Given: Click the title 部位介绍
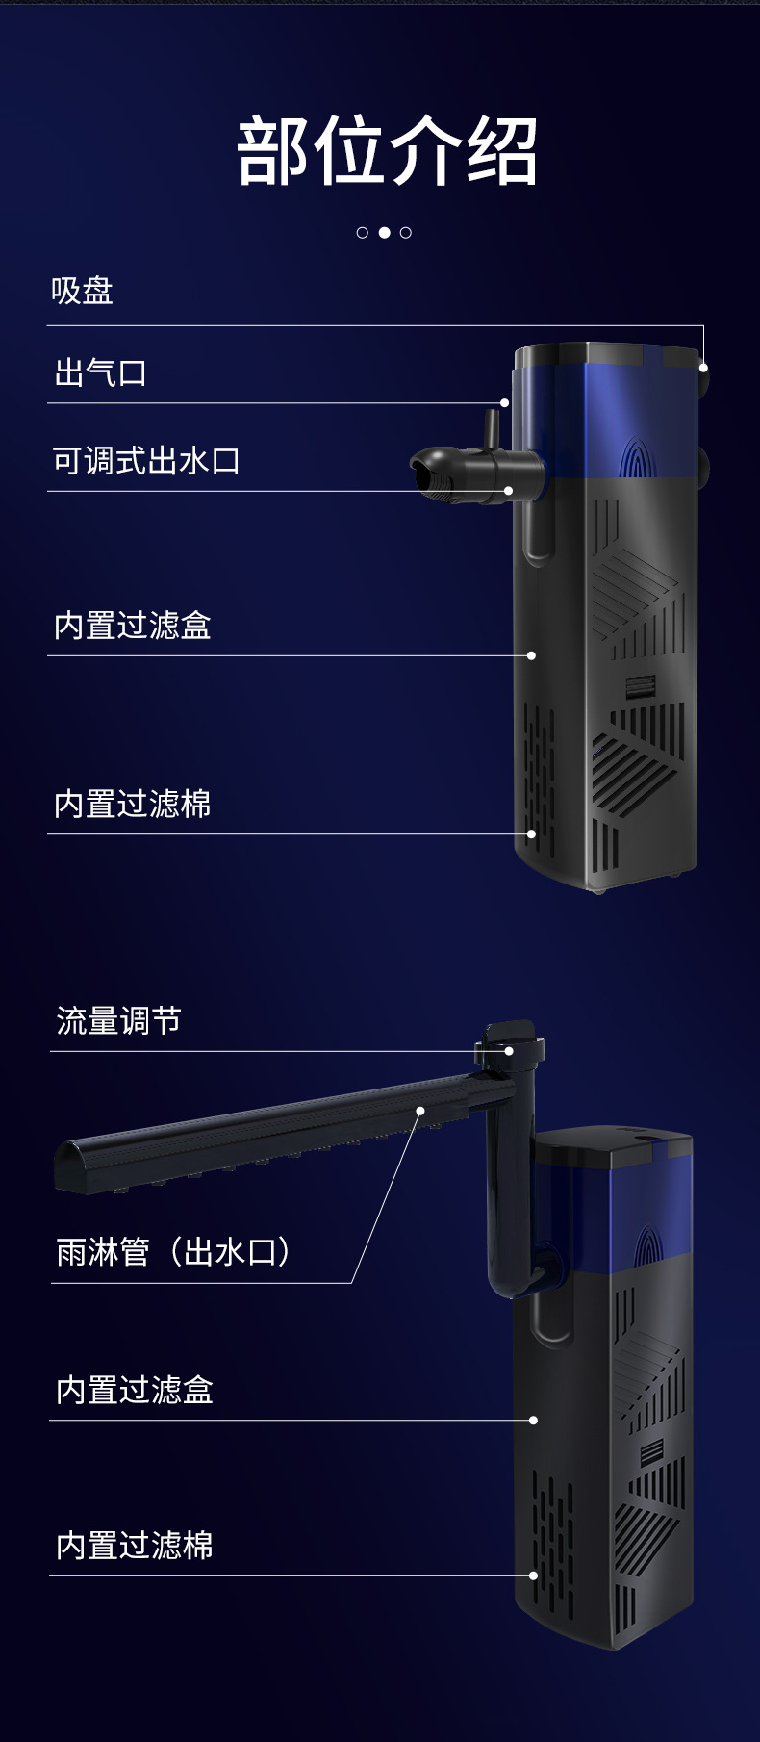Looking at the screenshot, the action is point(386,151).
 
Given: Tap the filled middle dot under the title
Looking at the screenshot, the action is point(384,232).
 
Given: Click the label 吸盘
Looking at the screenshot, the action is point(83,291).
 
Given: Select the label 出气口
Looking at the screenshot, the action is point(100,372).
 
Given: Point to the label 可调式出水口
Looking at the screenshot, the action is point(146,460).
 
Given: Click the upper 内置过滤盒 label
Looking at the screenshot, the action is point(132,626).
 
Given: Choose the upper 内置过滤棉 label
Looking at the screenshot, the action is point(132,804).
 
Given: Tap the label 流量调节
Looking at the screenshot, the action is point(118,1020).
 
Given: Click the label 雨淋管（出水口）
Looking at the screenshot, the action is point(173,1252).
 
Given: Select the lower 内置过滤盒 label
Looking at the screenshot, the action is point(134,1390).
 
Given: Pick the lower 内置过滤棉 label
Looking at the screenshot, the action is point(134,1546).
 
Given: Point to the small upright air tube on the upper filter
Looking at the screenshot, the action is point(490,428).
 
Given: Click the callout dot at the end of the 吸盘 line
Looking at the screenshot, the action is point(703,367).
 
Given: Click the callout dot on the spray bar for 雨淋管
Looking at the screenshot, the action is point(420,1111).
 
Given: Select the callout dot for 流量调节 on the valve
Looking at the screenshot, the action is point(509,1051).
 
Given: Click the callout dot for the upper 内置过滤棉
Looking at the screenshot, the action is point(531,834).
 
